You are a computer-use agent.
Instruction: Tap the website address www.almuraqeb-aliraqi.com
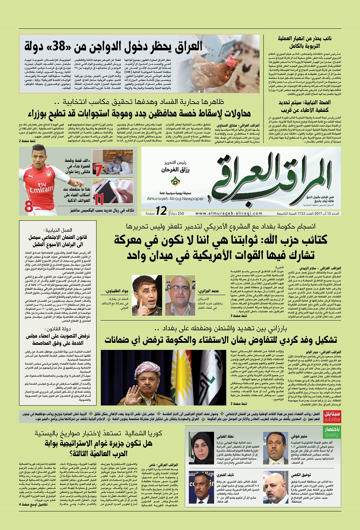click(x=229, y=213)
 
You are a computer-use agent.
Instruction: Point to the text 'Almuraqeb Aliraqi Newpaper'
click(x=175, y=199)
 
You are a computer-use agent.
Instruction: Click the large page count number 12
click(x=161, y=211)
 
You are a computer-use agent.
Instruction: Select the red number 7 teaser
click(x=97, y=170)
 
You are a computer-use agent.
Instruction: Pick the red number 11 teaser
click(x=98, y=198)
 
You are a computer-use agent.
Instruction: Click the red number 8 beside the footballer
click(x=29, y=207)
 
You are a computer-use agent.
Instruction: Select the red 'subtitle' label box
click(x=332, y=417)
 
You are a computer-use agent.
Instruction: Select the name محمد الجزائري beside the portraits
click(x=208, y=291)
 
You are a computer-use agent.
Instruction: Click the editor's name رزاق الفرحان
click(x=175, y=169)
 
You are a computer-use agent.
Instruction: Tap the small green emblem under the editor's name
click(x=175, y=181)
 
